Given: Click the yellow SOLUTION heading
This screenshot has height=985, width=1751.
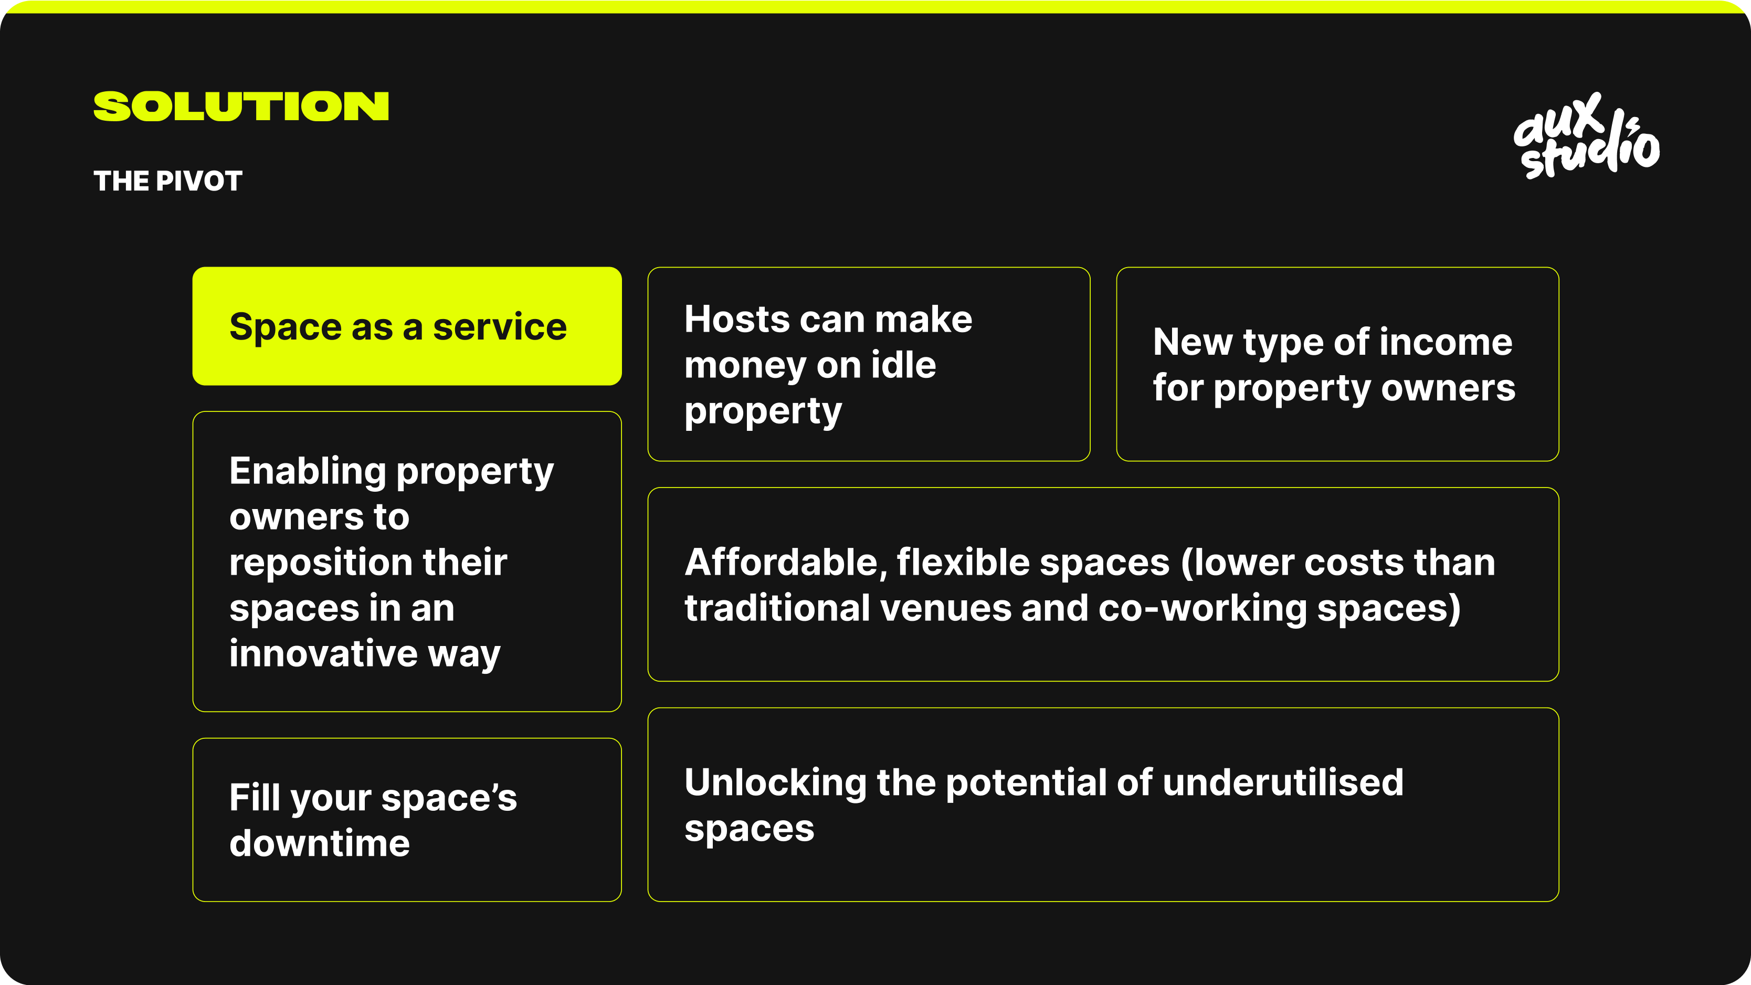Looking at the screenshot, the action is (x=241, y=106).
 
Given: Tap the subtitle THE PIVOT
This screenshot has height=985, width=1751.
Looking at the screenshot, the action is (x=168, y=181).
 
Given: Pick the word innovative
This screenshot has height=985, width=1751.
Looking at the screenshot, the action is (x=323, y=653).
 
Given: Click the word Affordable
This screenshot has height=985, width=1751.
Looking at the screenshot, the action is (x=786, y=564).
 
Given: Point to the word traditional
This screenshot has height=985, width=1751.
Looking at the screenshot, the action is (x=777, y=607).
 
